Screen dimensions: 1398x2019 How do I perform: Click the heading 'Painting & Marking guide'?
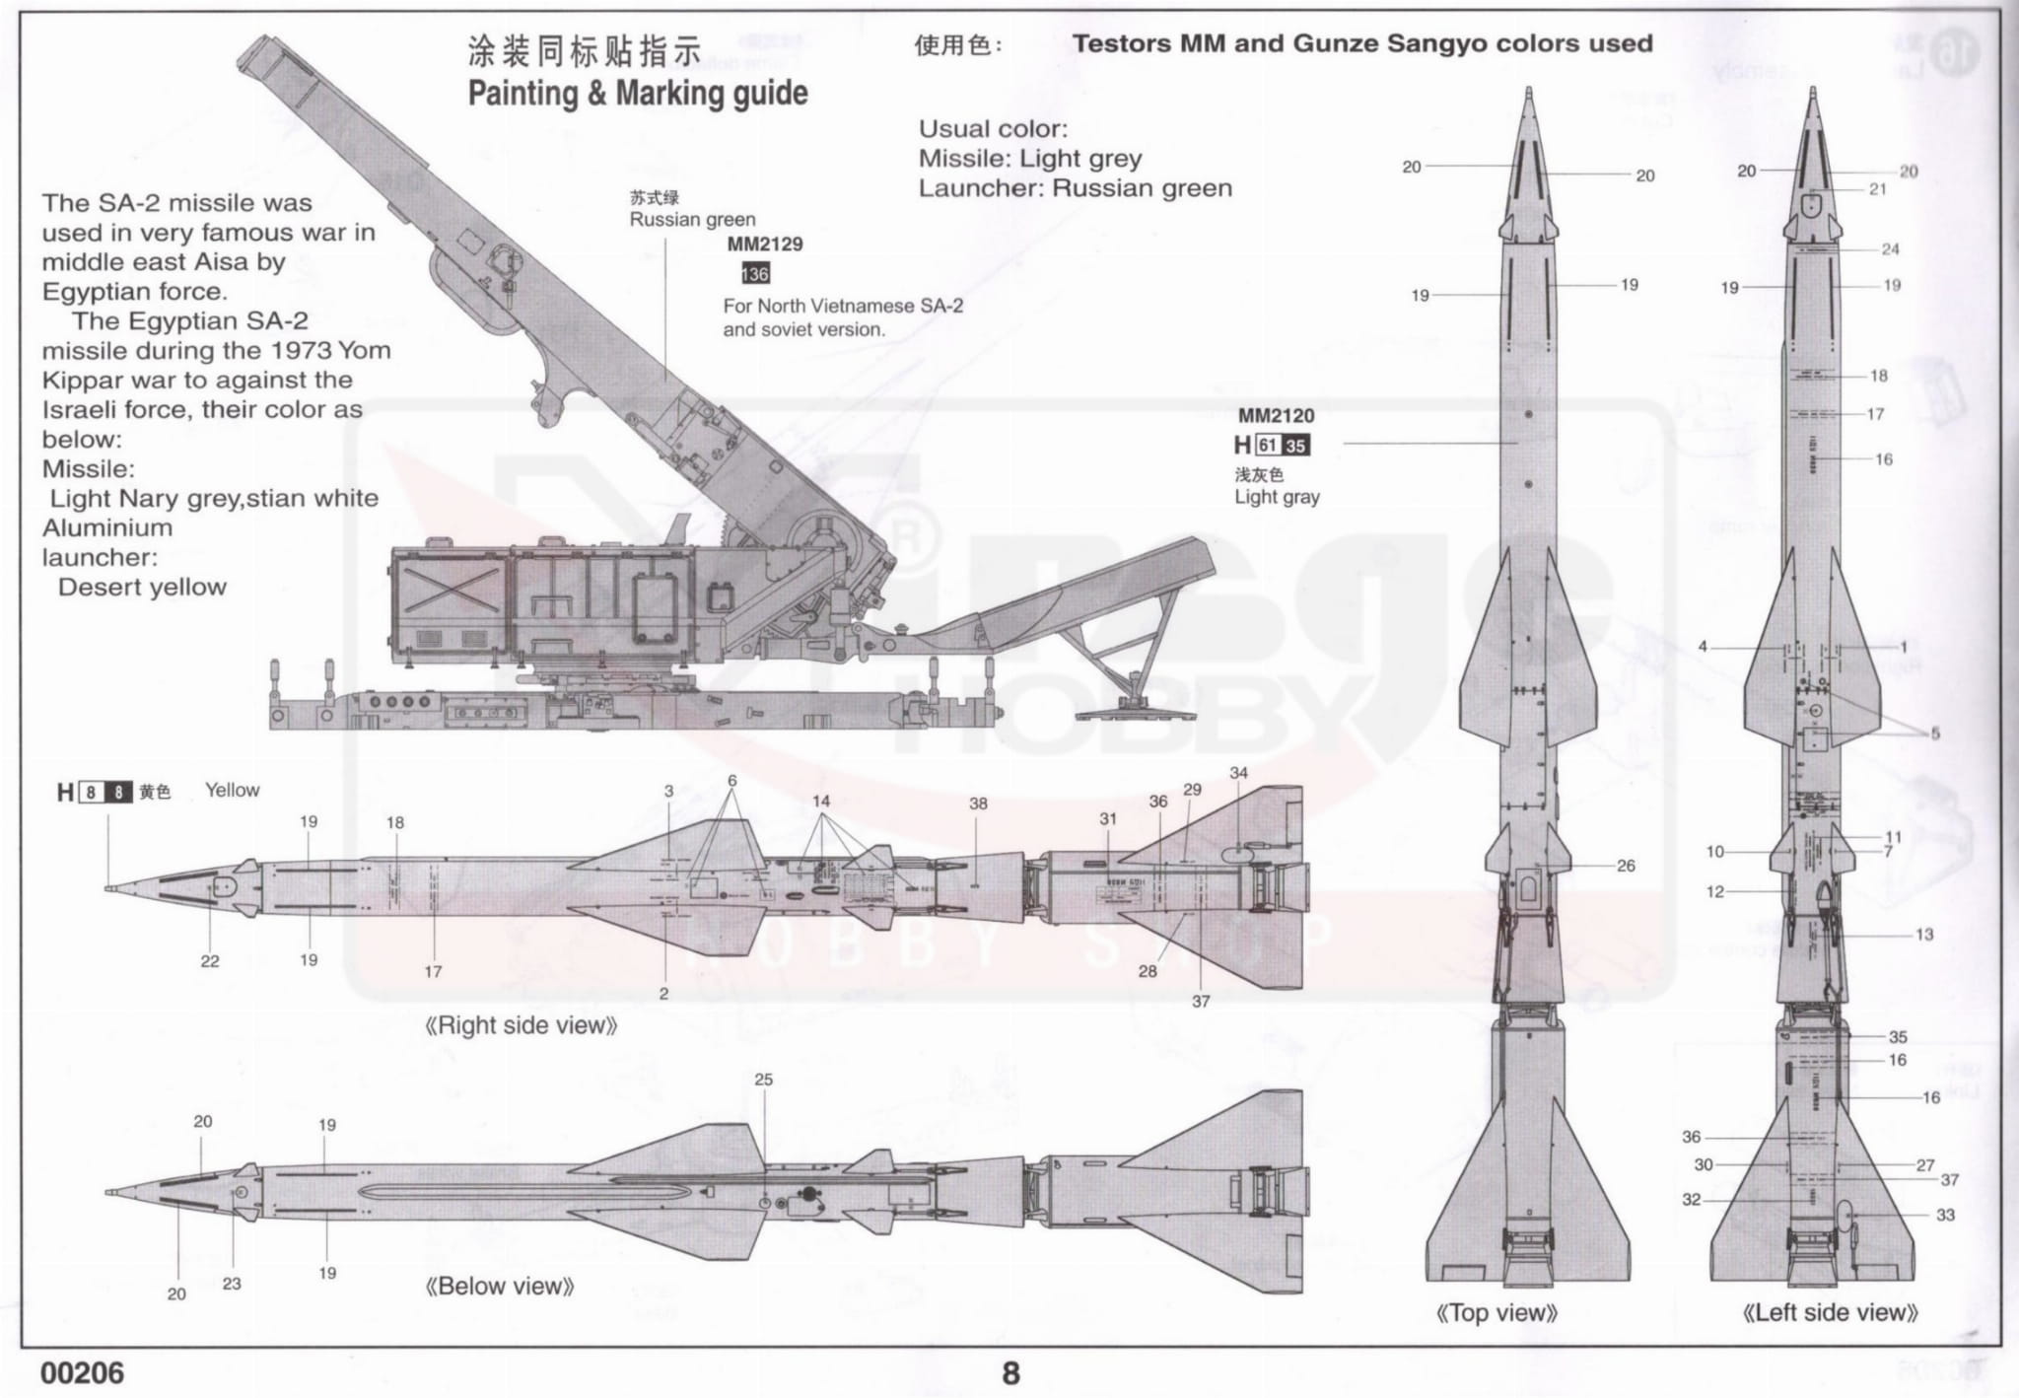(x=637, y=94)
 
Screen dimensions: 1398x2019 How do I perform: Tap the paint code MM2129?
(x=765, y=244)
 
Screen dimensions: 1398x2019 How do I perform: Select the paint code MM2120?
(x=1276, y=416)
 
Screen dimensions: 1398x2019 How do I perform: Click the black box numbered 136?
(x=755, y=274)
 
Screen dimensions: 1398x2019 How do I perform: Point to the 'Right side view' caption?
(x=522, y=1025)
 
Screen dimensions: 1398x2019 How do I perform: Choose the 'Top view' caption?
(x=1497, y=1312)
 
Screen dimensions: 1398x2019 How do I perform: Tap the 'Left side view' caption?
(x=1831, y=1312)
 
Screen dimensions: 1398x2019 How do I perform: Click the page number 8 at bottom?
(x=1010, y=1373)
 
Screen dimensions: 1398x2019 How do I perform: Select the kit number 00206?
(x=83, y=1373)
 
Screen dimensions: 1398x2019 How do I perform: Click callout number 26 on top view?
(x=1626, y=866)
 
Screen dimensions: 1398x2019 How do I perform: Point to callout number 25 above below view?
(x=764, y=1080)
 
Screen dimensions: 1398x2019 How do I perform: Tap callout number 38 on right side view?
(x=978, y=804)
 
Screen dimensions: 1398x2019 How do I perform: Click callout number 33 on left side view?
(x=1945, y=1215)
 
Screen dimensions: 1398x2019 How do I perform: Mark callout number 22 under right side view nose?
(x=210, y=961)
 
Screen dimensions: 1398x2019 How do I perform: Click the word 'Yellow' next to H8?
(x=233, y=790)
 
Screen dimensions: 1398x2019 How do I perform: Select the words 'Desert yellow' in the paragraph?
(x=143, y=588)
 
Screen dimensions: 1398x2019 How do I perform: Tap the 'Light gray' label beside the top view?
(x=1277, y=497)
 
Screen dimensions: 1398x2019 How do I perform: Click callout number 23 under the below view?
(x=232, y=1284)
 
